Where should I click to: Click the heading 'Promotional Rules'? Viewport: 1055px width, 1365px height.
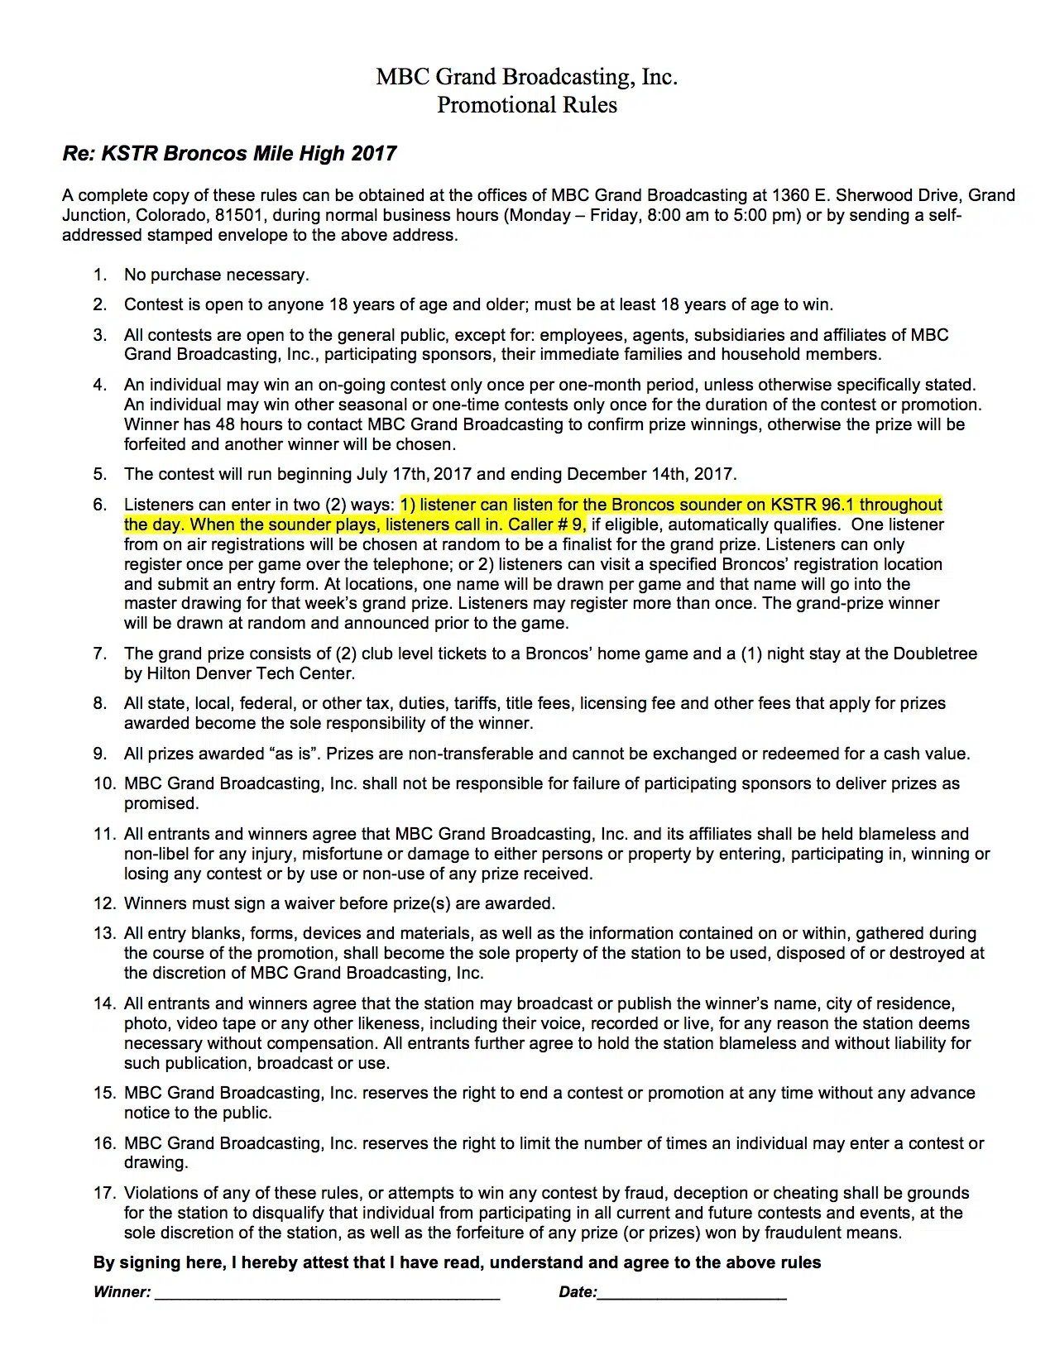(527, 105)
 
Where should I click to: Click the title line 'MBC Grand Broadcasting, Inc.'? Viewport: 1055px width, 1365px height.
(527, 77)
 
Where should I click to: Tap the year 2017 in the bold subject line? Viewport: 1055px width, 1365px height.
(374, 154)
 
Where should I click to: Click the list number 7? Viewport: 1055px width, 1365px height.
(100, 654)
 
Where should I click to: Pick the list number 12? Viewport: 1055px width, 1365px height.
(103, 903)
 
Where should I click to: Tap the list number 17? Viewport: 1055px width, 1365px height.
(103, 1193)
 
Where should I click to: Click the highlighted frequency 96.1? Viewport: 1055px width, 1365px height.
(837, 505)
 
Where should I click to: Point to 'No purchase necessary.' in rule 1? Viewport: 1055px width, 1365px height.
(216, 275)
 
